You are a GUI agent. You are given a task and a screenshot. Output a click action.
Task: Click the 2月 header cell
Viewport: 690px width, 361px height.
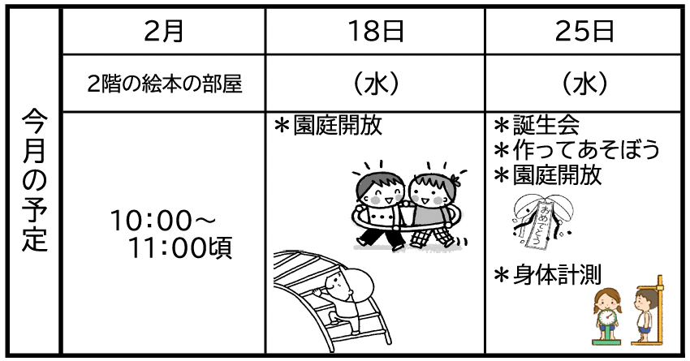(x=164, y=31)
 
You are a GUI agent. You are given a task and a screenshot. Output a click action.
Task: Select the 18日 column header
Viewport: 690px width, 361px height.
(x=375, y=31)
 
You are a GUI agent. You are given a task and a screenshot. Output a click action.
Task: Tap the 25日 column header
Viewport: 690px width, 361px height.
(x=584, y=31)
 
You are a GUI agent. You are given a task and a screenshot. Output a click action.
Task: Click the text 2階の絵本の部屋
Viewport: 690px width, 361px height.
(x=165, y=84)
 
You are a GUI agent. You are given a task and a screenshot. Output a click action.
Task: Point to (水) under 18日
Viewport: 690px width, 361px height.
(x=375, y=84)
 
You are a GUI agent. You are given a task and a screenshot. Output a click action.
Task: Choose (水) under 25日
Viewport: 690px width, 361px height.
(x=584, y=84)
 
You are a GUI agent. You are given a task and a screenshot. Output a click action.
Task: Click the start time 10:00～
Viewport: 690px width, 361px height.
(x=163, y=221)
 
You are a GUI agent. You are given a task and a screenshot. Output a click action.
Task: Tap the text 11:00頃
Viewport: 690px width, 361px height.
(x=180, y=248)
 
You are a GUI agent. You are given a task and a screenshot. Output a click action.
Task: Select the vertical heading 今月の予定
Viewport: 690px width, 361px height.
(x=34, y=180)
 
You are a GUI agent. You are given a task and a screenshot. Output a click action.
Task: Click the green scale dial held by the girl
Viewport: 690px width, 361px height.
(x=608, y=316)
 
